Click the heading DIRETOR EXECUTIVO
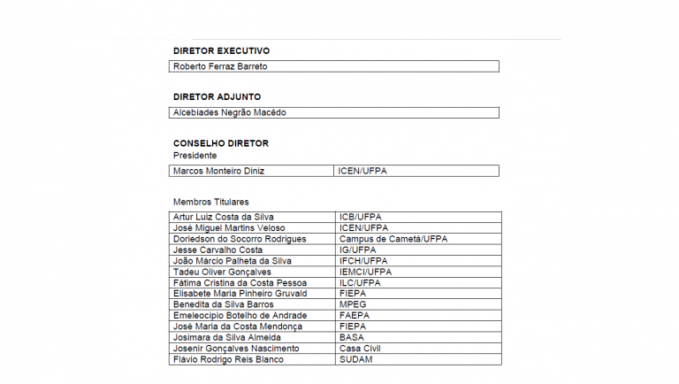tap(221, 50)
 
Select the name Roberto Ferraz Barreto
tap(220, 66)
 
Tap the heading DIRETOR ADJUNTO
tap(217, 96)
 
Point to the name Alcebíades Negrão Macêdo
tap(229, 112)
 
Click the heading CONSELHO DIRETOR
tap(220, 142)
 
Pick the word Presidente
tap(195, 155)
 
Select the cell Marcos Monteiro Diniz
tap(218, 171)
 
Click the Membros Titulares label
tap(210, 202)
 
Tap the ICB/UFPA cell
tap(359, 217)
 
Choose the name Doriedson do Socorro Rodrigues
tap(240, 239)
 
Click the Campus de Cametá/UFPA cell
tap(393, 239)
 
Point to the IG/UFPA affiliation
tap(357, 250)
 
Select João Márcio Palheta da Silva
tap(233, 261)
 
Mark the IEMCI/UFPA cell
tap(365, 272)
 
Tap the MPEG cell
tap(353, 304)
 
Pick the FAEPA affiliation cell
tap(355, 315)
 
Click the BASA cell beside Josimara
tap(351, 337)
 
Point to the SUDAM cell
tap(355, 359)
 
